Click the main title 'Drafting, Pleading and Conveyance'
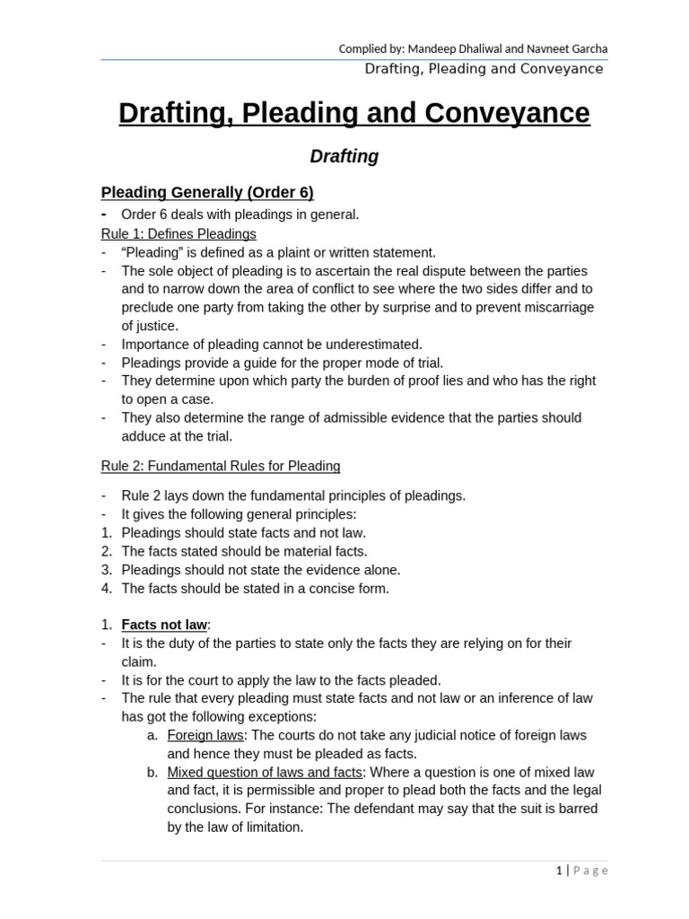coord(354,113)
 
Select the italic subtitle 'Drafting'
coord(344,156)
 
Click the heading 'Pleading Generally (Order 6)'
coord(207,192)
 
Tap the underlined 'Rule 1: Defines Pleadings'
coord(179,233)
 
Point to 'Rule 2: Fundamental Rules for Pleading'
coord(221,466)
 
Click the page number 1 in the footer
coord(559,870)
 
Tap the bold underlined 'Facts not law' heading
coord(164,625)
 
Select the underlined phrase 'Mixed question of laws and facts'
coord(265,772)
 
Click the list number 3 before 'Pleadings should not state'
coord(106,570)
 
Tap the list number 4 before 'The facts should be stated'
coord(106,589)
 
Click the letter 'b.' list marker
coord(152,772)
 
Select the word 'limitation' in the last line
coord(269,827)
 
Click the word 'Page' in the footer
coord(590,870)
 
